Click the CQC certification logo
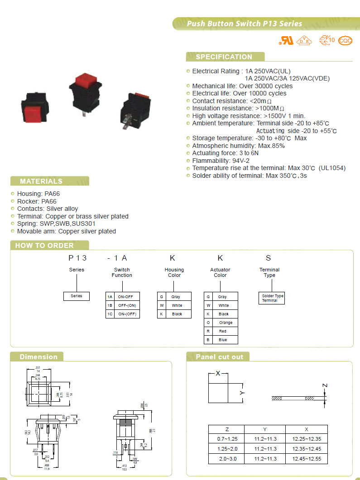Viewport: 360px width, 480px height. click(346, 40)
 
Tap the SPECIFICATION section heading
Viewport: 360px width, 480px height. click(224, 57)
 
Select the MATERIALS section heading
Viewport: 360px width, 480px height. click(41, 181)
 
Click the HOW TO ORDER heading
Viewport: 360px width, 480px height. click(44, 246)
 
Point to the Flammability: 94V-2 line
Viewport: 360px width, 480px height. click(221, 161)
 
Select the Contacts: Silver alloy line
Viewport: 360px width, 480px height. click(47, 209)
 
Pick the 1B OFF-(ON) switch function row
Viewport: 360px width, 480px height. click(122, 305)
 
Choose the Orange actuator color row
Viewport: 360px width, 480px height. click(221, 323)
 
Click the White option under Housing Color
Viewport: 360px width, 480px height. click(174, 305)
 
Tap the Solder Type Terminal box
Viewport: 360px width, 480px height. click(272, 298)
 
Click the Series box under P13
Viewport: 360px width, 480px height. click(77, 296)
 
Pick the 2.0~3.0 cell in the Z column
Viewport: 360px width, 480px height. click(226, 459)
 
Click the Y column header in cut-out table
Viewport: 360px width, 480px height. click(265, 429)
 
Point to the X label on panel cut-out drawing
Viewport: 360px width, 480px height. click(218, 374)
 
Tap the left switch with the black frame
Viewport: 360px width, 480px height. click(35, 107)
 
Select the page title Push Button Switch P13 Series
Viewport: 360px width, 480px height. click(245, 24)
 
